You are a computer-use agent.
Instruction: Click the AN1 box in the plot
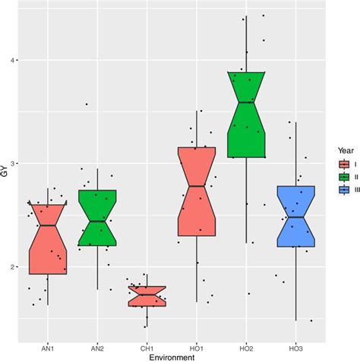pyautogui.click(x=47, y=238)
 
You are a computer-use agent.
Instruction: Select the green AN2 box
pyautogui.click(x=97, y=218)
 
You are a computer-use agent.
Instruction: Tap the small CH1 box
pyautogui.click(x=147, y=296)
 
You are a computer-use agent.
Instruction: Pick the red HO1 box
pyautogui.click(x=197, y=191)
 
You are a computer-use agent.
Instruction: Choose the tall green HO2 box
pyautogui.click(x=247, y=114)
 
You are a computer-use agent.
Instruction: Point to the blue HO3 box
pyautogui.click(x=296, y=216)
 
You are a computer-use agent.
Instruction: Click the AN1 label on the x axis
pyautogui.click(x=47, y=348)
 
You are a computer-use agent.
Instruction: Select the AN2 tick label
pyautogui.click(x=97, y=348)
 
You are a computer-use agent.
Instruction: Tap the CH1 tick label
pyautogui.click(x=147, y=348)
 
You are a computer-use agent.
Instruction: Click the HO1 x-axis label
pyautogui.click(x=197, y=348)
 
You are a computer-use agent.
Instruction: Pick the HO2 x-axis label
pyautogui.click(x=247, y=348)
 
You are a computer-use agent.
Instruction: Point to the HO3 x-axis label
pyautogui.click(x=296, y=348)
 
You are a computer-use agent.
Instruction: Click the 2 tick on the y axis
pyautogui.click(x=15, y=267)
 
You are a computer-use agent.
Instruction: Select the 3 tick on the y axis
pyautogui.click(x=15, y=163)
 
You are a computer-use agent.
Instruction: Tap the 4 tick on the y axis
pyautogui.click(x=15, y=60)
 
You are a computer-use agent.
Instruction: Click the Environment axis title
pyautogui.click(x=172, y=357)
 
